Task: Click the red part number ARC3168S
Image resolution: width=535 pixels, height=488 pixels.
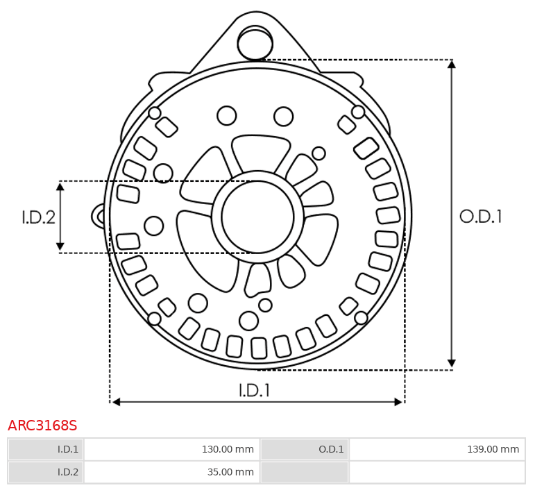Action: [x=42, y=426]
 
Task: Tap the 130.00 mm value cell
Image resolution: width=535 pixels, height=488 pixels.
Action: [x=171, y=449]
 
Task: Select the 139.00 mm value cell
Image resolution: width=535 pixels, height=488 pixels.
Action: [x=437, y=449]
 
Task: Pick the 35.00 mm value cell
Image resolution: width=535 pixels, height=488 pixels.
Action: [x=171, y=472]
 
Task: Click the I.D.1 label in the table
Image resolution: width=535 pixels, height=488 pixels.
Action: [x=46, y=449]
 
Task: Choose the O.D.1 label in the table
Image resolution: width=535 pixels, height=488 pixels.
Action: [x=305, y=449]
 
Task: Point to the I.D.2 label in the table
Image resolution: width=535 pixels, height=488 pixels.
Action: [x=46, y=472]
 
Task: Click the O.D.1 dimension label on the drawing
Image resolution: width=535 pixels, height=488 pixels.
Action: [x=480, y=217]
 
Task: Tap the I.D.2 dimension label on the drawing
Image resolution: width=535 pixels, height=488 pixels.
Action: [x=39, y=217]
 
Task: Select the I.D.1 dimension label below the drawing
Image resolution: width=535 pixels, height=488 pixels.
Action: [x=255, y=390]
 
